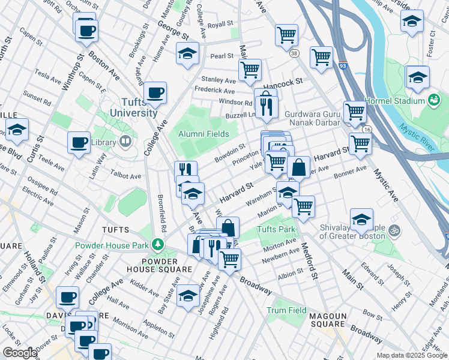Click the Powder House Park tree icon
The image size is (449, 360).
coord(158,244)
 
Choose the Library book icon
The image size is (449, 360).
coord(125,142)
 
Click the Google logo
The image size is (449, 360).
coord(19,353)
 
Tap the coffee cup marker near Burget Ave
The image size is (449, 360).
coord(155,92)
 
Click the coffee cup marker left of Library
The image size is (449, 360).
coord(79,143)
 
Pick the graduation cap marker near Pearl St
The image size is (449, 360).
coord(187,53)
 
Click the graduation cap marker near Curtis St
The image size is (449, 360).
coord(17,129)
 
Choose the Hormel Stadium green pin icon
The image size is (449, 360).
coord(433,100)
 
